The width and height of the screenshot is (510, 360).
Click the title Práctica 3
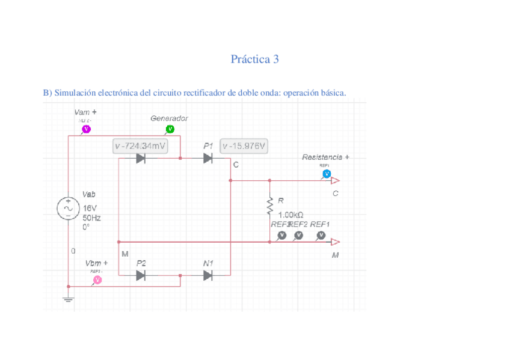click(254, 59)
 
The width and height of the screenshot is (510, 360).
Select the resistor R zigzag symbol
click(270, 205)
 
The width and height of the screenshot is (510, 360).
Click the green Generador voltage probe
click(170, 129)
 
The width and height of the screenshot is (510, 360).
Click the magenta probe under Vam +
click(86, 129)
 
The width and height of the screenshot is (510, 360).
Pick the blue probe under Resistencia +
click(327, 174)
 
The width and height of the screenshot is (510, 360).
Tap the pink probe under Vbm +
click(97, 279)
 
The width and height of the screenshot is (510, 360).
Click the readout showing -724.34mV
click(140, 145)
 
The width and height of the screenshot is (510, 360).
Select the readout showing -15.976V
click(244, 145)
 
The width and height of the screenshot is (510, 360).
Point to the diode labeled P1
click(208, 158)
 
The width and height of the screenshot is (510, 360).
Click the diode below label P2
click(141, 275)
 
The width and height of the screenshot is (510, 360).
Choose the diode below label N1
click(208, 275)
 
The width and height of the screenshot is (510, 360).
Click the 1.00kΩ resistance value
click(290, 215)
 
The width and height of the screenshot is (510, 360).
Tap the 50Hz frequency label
click(91, 218)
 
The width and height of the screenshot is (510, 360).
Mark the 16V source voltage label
click(90, 208)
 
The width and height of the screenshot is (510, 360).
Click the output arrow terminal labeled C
click(335, 180)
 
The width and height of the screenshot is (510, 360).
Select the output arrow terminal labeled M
click(335, 242)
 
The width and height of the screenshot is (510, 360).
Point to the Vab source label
click(89, 194)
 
